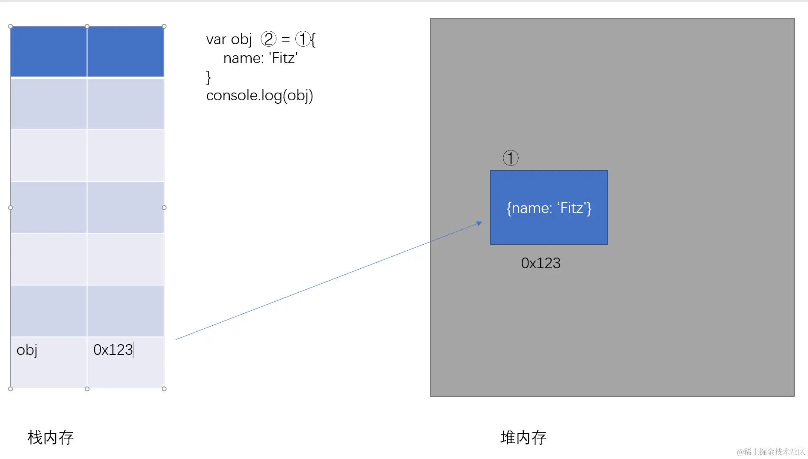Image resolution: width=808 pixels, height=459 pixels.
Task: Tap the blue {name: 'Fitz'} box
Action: [549, 208]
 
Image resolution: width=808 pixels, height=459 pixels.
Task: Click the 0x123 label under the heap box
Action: [541, 263]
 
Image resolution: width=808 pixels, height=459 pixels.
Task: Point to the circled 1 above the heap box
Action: [511, 158]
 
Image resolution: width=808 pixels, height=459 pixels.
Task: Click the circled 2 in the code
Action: [268, 39]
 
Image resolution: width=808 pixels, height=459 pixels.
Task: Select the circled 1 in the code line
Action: [303, 39]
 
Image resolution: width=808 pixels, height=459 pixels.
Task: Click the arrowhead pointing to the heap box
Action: [479, 223]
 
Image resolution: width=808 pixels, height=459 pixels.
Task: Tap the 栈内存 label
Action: [50, 438]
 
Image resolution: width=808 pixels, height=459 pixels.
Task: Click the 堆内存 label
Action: [523, 438]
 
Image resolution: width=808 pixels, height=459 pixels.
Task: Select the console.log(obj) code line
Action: [259, 96]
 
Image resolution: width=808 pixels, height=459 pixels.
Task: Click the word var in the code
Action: [216, 39]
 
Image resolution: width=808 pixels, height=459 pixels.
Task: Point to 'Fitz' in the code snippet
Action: [283, 58]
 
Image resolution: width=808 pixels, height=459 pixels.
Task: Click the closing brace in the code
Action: [208, 77]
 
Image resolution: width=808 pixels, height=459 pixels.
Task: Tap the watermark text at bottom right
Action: [770, 452]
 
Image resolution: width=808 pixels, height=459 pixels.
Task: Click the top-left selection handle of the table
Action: [11, 27]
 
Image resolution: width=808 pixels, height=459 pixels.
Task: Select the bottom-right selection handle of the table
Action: [164, 389]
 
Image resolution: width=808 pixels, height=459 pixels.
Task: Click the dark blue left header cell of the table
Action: [49, 51]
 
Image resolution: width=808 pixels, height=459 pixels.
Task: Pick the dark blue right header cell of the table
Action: [125, 51]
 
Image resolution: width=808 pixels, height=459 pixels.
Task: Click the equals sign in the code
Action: [286, 39]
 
